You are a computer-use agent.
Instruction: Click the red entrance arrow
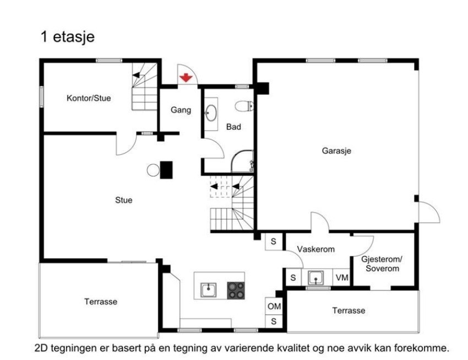187,78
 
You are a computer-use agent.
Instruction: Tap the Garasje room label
336,150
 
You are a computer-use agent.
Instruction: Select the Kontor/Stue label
89,99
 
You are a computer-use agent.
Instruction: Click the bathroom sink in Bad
211,113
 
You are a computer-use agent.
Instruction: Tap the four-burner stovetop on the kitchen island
236,290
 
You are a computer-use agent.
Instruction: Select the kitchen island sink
208,290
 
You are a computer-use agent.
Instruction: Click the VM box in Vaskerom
342,277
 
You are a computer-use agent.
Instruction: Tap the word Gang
181,110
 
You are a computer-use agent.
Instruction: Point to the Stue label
123,200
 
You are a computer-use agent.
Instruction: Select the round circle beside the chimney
153,170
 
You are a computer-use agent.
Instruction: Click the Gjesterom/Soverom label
382,264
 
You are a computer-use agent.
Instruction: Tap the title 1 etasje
67,37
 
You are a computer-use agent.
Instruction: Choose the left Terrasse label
101,302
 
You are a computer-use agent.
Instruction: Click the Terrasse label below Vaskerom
349,310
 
